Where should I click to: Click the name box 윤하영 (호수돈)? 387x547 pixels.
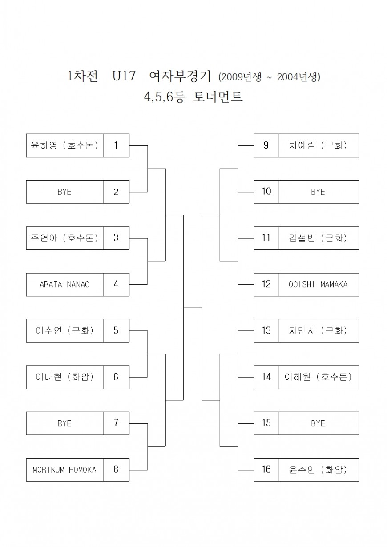click(64, 145)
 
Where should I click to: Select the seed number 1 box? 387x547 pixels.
click(116, 145)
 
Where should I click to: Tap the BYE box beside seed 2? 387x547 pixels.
click(64, 192)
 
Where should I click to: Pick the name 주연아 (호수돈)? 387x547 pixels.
click(64, 238)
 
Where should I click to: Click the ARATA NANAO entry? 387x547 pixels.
click(64, 284)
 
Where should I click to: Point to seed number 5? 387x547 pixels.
click(116, 330)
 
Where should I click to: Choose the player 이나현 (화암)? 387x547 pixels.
click(64, 377)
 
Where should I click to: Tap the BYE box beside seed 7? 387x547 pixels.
click(64, 423)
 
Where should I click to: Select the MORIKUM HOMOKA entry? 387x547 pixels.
click(64, 470)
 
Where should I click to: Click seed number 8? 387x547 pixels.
click(116, 470)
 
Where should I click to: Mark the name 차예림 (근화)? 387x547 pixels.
click(318, 145)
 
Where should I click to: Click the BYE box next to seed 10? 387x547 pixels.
click(318, 192)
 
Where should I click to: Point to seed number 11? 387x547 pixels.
click(266, 238)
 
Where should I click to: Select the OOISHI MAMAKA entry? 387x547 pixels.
click(318, 284)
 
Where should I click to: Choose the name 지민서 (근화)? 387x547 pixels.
click(318, 330)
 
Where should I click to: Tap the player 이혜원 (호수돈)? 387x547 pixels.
click(318, 377)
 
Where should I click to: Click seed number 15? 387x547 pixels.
click(266, 423)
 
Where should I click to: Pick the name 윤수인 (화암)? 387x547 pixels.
click(318, 470)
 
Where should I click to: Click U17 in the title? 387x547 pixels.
click(122, 76)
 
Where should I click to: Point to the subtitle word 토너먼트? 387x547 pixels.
click(218, 97)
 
